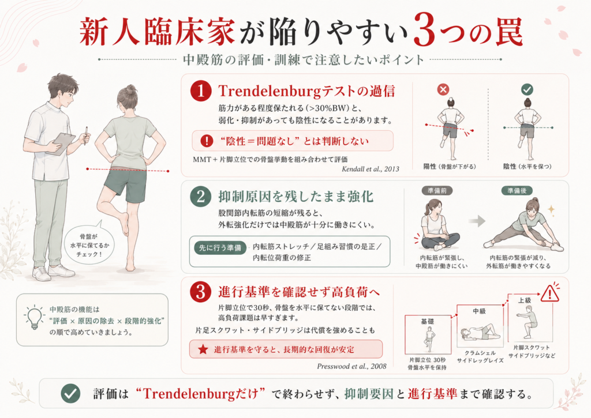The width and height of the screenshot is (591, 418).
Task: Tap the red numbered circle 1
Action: point(200,91)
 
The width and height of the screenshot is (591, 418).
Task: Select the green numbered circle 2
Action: point(200,197)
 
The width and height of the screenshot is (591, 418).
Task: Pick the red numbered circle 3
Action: point(200,292)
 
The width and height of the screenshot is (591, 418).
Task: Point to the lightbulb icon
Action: point(34,318)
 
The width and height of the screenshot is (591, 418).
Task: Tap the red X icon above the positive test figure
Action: point(443,89)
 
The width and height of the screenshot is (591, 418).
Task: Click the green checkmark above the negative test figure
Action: point(527,89)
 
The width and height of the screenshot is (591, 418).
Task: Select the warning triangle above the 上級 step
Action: point(550,293)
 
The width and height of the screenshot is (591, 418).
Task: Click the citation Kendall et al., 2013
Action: point(370,169)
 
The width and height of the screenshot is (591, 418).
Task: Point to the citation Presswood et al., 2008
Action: point(351,366)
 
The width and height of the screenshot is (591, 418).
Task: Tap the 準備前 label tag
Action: point(437,190)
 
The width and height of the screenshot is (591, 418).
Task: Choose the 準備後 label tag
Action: point(517,190)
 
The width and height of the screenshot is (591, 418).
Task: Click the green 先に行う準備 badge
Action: point(220,248)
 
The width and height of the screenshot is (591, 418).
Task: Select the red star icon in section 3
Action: point(203,349)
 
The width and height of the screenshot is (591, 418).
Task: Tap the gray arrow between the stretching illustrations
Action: point(477,221)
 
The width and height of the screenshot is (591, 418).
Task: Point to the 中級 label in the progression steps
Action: point(479,311)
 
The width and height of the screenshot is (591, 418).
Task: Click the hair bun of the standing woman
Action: point(131,89)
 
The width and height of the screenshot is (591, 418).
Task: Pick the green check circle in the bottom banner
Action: point(70,394)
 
